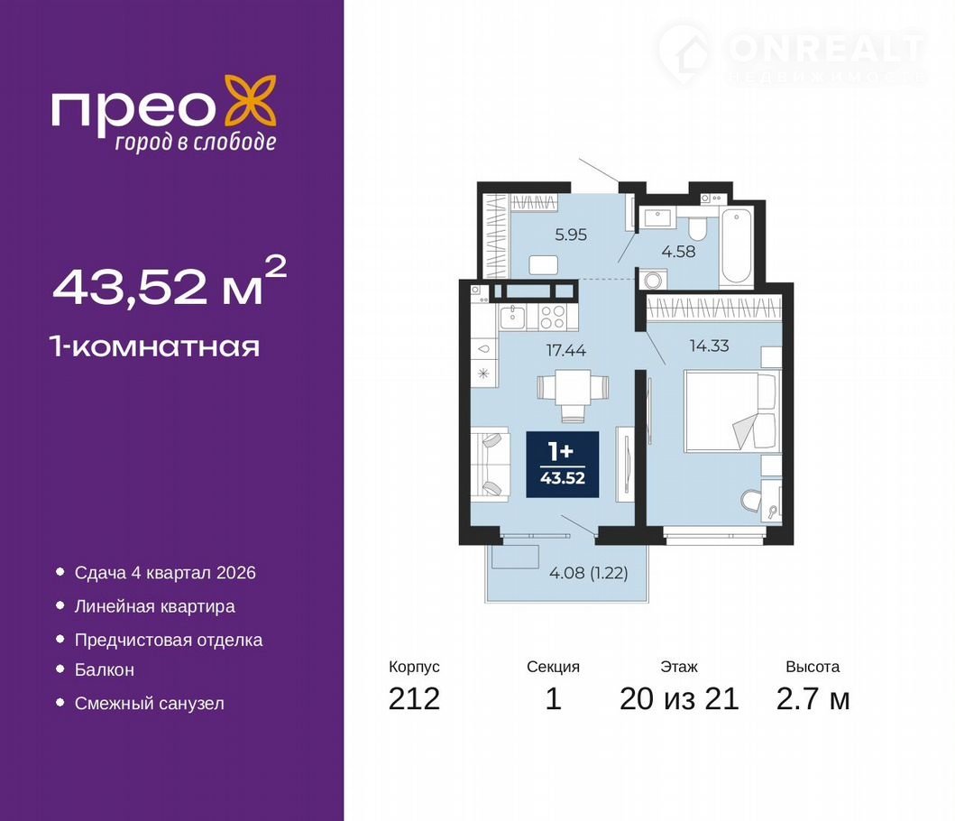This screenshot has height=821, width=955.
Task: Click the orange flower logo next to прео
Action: [251, 101]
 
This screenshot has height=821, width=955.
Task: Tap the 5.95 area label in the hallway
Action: [571, 235]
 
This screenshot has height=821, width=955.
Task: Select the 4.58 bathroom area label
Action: [678, 251]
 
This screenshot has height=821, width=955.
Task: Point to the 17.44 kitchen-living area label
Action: [565, 350]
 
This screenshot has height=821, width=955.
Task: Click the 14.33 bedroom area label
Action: [709, 346]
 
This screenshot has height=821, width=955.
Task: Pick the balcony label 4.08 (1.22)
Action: [588, 573]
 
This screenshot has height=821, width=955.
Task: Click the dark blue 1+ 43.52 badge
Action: [563, 465]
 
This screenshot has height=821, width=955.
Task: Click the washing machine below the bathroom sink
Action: [653, 280]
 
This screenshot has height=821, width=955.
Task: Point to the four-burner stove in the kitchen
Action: [553, 317]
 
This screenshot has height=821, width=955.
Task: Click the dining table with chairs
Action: [573, 395]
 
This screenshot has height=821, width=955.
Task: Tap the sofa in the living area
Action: [491, 465]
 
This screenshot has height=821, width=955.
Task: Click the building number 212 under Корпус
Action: [414, 698]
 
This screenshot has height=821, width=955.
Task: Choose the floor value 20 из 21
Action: [679, 698]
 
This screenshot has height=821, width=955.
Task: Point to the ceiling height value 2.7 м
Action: [813, 698]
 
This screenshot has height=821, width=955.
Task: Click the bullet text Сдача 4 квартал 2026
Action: [165, 573]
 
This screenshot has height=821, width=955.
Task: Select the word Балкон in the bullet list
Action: [104, 669]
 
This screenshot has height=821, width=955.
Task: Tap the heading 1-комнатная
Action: [156, 346]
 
